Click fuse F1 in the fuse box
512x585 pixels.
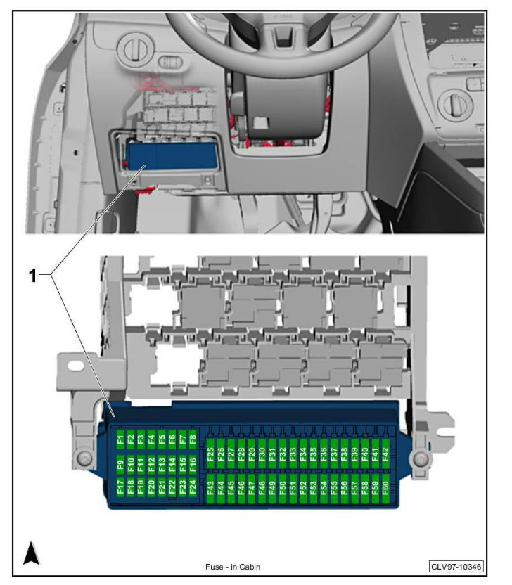(120, 441)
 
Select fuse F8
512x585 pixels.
(193, 441)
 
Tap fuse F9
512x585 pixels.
(120, 463)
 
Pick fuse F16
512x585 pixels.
(193, 463)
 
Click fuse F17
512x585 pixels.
(120, 487)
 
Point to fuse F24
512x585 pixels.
(193, 487)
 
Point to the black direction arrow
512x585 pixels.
(31, 554)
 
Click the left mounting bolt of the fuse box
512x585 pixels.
(84, 459)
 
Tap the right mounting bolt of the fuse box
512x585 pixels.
(421, 459)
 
